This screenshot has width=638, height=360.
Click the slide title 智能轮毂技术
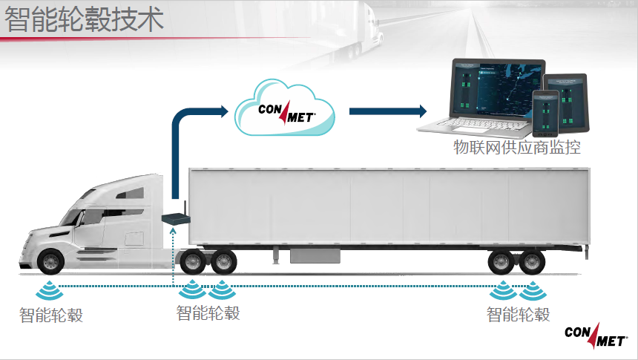pyautogui.click(x=85, y=20)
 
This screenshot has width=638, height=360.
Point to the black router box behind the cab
pyautogui.click(x=176, y=218)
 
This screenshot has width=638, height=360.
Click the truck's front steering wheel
pyautogui.click(x=50, y=262)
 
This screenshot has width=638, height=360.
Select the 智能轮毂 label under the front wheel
pyautogui.click(x=51, y=315)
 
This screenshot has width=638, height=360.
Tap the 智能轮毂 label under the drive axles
pyautogui.click(x=208, y=312)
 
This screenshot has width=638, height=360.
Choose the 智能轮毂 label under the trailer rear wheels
pyautogui.click(x=519, y=314)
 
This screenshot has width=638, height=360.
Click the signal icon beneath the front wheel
pyautogui.click(x=50, y=288)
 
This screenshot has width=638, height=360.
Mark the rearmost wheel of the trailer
pyautogui.click(x=532, y=262)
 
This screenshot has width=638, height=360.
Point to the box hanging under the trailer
pyautogui.click(x=315, y=255)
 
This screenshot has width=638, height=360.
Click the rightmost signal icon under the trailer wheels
pyautogui.click(x=532, y=289)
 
